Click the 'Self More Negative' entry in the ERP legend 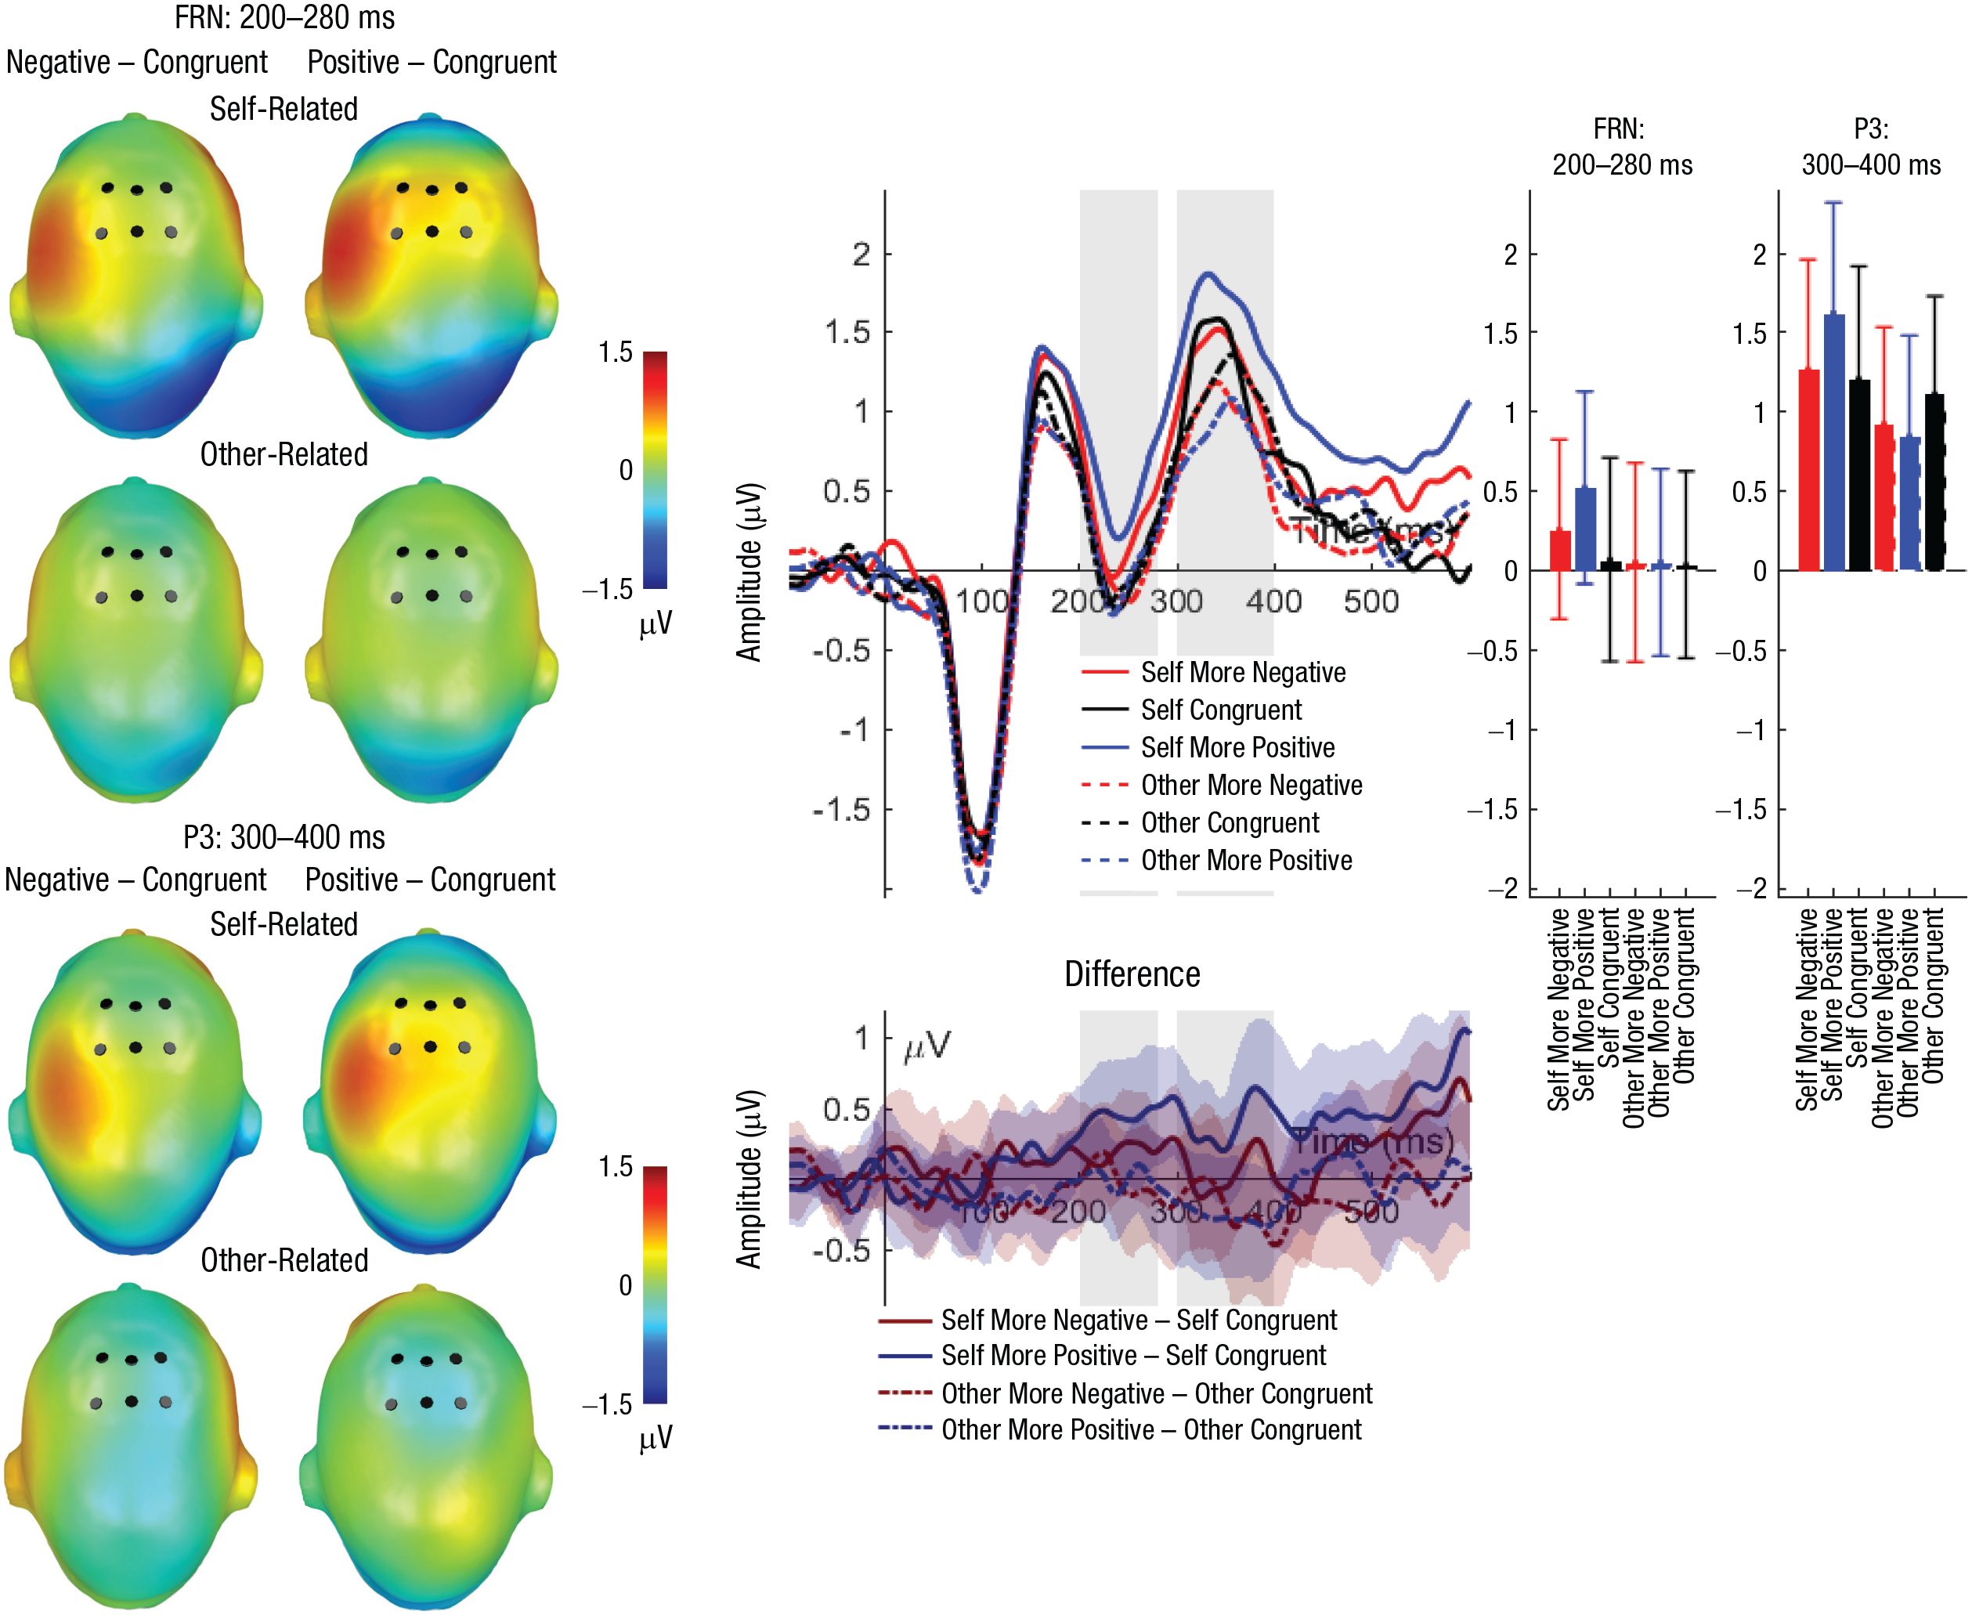click(1242, 673)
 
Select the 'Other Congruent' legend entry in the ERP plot click(1229, 823)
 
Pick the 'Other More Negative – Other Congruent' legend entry click(1155, 1393)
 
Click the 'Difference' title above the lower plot click(1131, 974)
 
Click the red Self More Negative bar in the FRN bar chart click(1560, 551)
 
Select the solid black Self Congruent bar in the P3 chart click(1859, 475)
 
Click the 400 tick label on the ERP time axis click(1273, 602)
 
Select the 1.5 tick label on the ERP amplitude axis click(847, 332)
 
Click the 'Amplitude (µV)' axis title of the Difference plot click(749, 1180)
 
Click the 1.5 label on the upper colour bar click(615, 352)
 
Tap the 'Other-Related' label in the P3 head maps click(284, 1259)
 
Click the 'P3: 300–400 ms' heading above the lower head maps click(284, 837)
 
